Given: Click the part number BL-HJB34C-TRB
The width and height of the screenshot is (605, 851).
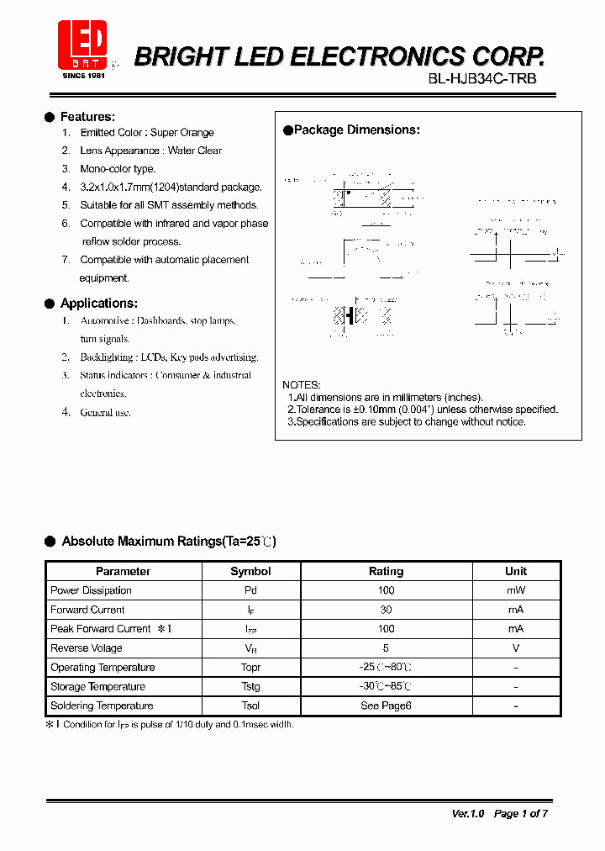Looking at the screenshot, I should (x=481, y=78).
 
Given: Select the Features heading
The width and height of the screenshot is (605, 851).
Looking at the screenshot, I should (x=87, y=117).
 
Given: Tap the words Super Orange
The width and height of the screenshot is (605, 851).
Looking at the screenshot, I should (x=182, y=133).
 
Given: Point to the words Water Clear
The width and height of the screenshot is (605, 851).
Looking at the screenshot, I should (x=195, y=151).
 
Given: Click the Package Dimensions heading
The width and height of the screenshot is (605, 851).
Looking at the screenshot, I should (x=356, y=130).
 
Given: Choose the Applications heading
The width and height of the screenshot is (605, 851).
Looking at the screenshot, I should (x=98, y=304).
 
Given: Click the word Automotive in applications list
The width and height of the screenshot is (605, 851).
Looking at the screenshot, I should (x=105, y=321).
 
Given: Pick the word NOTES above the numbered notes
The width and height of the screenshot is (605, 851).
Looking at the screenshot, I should (x=301, y=384).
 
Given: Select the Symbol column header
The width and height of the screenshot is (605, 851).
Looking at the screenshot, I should (x=250, y=571).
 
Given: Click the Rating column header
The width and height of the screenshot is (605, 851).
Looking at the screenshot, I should (x=386, y=571).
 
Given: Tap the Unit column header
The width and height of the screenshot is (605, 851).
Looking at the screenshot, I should (x=516, y=571).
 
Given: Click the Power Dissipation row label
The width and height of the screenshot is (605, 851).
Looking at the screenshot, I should (x=91, y=590).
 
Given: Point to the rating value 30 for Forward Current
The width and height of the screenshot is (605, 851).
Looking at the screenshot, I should (x=386, y=610).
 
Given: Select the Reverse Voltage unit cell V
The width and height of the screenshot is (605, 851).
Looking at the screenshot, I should (x=516, y=648).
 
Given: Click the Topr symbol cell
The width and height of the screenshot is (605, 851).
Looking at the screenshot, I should (x=250, y=668).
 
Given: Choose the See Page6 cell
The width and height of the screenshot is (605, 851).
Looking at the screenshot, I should (x=386, y=706).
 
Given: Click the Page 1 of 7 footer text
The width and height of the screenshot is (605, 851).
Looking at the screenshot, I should (x=521, y=813).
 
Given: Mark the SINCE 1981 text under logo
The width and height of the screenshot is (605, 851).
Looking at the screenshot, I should (x=84, y=76).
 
